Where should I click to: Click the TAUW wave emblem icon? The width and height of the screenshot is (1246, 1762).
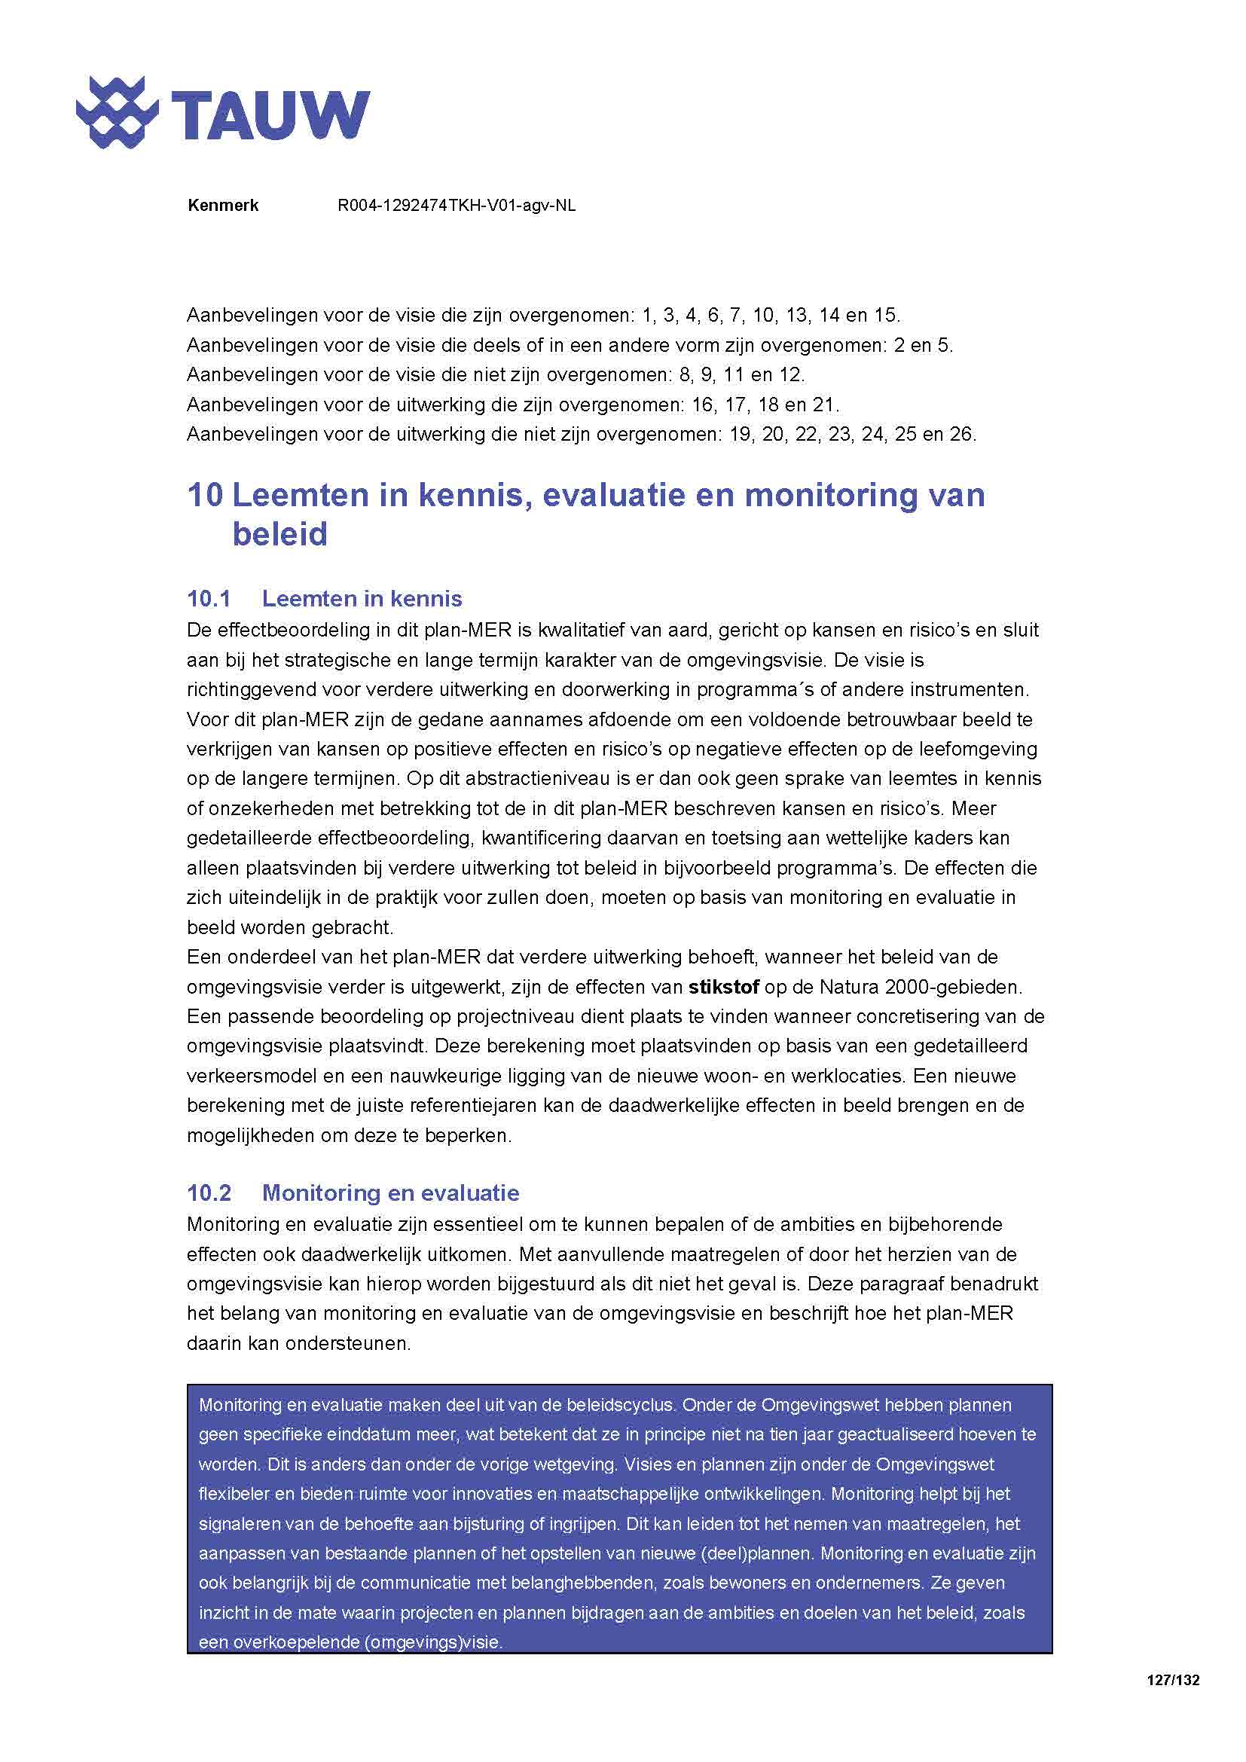tap(117, 113)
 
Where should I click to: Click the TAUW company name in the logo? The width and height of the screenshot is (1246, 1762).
tap(270, 115)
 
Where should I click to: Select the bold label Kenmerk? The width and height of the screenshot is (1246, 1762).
tap(222, 206)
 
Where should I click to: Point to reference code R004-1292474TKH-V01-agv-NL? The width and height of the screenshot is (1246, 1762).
tap(457, 206)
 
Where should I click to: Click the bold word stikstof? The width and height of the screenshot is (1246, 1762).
tap(723, 987)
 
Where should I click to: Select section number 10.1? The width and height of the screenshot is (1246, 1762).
tap(209, 599)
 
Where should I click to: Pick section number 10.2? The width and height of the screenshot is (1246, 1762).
tap(209, 1192)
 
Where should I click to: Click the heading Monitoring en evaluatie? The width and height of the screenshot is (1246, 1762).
tap(390, 1192)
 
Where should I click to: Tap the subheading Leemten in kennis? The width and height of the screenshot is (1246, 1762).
tap(362, 599)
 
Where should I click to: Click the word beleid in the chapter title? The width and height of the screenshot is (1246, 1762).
tap(280, 535)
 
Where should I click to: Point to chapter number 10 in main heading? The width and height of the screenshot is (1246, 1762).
tap(204, 495)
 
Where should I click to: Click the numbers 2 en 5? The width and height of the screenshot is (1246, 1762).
tap(922, 345)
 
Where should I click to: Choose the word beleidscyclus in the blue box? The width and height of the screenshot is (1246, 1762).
tap(620, 1405)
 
